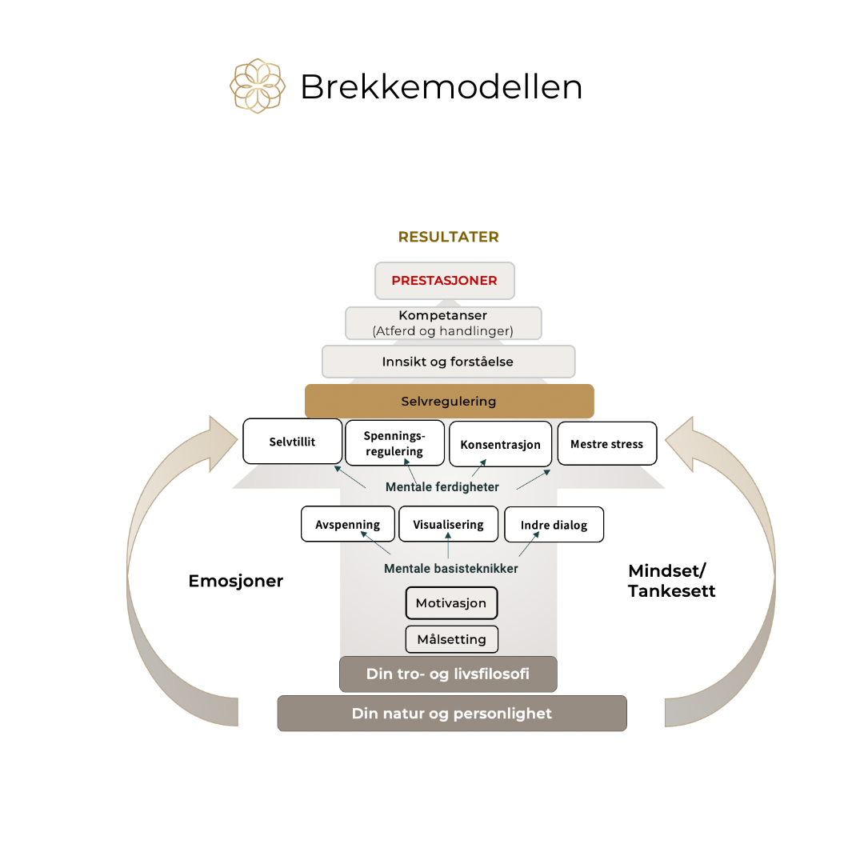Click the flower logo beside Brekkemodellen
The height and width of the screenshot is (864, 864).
[x=258, y=86]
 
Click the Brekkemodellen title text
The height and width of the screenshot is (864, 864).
[x=441, y=86]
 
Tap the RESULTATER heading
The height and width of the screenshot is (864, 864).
[x=448, y=237]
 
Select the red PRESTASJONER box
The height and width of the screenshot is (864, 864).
[x=444, y=281]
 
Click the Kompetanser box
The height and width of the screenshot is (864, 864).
[x=443, y=322]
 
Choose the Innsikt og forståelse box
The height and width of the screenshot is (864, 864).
[x=448, y=362]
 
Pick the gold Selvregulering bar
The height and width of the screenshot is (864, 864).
[x=449, y=401]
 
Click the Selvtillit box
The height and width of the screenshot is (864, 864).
[x=292, y=441]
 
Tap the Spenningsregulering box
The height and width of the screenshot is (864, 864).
[x=394, y=443]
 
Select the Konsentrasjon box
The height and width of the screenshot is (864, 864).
[x=500, y=444]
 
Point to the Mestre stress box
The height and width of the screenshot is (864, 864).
[x=606, y=444]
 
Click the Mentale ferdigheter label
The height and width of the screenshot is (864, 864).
[x=442, y=486]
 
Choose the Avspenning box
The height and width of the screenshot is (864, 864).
[x=348, y=525]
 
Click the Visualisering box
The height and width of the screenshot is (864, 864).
[x=448, y=525]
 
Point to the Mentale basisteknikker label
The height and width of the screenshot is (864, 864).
[x=450, y=568]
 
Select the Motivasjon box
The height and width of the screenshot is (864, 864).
[x=451, y=603]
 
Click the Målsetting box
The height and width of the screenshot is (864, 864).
[x=451, y=639]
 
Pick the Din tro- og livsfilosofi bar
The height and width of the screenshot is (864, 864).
[x=448, y=674]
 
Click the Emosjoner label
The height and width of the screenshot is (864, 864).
[x=236, y=581]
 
